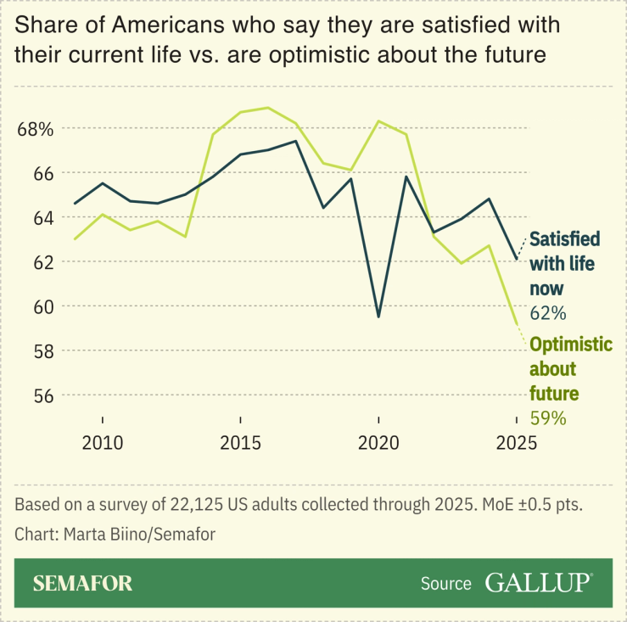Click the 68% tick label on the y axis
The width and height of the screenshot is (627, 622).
[x=35, y=129]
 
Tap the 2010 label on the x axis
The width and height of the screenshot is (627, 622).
[x=103, y=443]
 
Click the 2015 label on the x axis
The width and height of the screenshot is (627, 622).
[x=241, y=443]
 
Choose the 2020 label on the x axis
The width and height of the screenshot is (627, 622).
[x=378, y=443]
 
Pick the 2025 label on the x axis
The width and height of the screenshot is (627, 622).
[x=516, y=443]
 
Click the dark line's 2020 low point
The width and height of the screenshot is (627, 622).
[x=378, y=317]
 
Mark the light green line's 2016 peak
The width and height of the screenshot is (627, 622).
[x=269, y=108]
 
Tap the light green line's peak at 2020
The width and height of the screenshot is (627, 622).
[x=378, y=121]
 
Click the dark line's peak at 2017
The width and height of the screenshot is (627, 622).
[x=295, y=141]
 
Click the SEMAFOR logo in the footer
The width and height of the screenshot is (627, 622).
[x=82, y=583]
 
